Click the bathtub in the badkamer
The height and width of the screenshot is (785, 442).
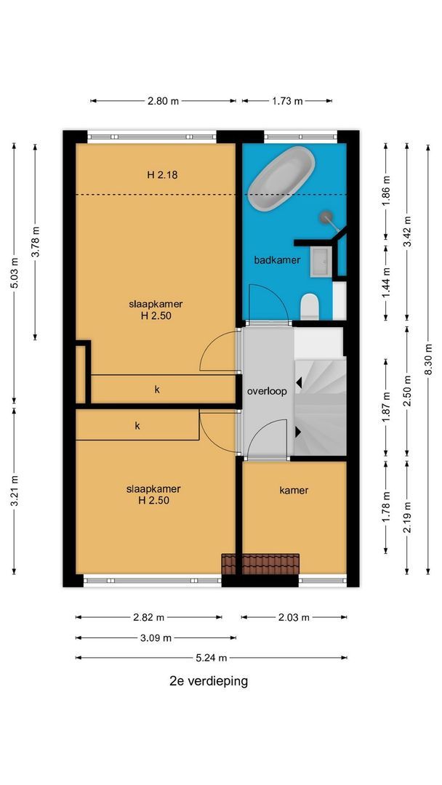281,178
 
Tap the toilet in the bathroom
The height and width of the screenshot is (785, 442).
310,307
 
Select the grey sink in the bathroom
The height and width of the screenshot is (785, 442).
321,261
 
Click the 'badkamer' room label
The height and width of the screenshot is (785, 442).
277,259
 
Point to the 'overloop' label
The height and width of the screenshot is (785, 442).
267,392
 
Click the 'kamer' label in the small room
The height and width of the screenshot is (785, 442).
294,490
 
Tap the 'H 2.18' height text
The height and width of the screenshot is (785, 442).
163,175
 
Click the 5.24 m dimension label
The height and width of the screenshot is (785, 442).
212,657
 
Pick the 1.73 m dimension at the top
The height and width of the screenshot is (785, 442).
287,101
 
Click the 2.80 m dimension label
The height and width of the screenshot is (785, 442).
163,101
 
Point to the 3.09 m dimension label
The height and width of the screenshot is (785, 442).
156,638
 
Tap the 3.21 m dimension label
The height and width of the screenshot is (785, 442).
14,490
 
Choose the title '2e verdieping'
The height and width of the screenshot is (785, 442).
209,681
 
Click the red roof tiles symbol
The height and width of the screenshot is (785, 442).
260,564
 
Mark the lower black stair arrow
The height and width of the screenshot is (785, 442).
299,432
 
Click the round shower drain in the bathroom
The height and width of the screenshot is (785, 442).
326,217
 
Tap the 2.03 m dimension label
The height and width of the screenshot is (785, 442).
294,617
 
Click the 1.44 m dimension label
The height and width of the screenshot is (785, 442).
386,283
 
